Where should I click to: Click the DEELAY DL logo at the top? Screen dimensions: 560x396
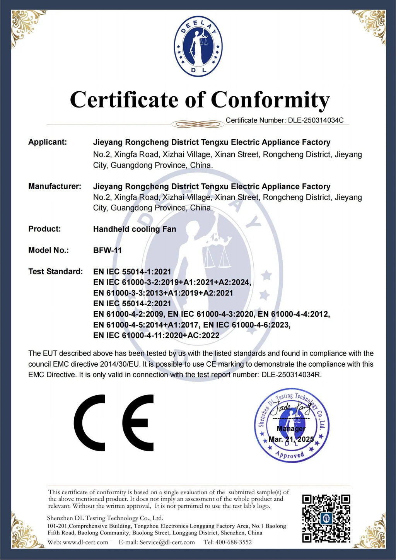point(198,46)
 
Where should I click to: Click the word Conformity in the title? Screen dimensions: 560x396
point(270,100)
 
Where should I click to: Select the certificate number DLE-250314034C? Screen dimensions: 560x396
point(316,120)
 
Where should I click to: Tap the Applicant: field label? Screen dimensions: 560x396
point(48,142)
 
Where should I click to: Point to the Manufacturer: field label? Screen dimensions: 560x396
point(55,186)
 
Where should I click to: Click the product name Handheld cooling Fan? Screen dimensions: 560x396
point(135,229)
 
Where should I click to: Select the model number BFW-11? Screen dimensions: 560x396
point(108,250)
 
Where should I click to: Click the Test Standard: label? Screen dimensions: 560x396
point(55,271)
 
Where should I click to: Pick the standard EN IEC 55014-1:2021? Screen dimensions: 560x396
point(132,272)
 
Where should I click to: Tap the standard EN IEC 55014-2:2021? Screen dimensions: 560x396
point(132,304)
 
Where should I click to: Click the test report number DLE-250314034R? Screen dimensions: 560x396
point(291,375)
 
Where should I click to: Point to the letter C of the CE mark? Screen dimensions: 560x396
point(90,423)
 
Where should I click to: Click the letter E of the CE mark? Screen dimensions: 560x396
point(138,423)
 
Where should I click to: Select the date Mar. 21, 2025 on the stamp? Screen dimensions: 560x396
point(291,439)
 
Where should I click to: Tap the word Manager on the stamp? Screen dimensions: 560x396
point(291,429)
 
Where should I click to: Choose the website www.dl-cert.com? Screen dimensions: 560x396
point(85,542)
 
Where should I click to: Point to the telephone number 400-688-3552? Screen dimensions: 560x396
point(234,542)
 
